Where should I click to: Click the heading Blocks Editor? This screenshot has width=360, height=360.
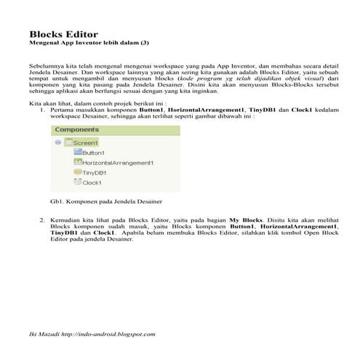pos(63,34)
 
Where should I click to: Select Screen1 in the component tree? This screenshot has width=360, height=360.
pos(85,143)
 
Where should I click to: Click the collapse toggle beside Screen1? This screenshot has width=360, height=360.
pos(57,143)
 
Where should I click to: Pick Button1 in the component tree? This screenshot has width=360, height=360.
pos(93,153)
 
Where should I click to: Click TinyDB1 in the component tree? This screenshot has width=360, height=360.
pos(95,173)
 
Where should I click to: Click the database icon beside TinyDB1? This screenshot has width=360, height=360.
pos(77,173)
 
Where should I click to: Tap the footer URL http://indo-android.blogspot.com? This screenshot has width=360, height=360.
pos(109,334)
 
